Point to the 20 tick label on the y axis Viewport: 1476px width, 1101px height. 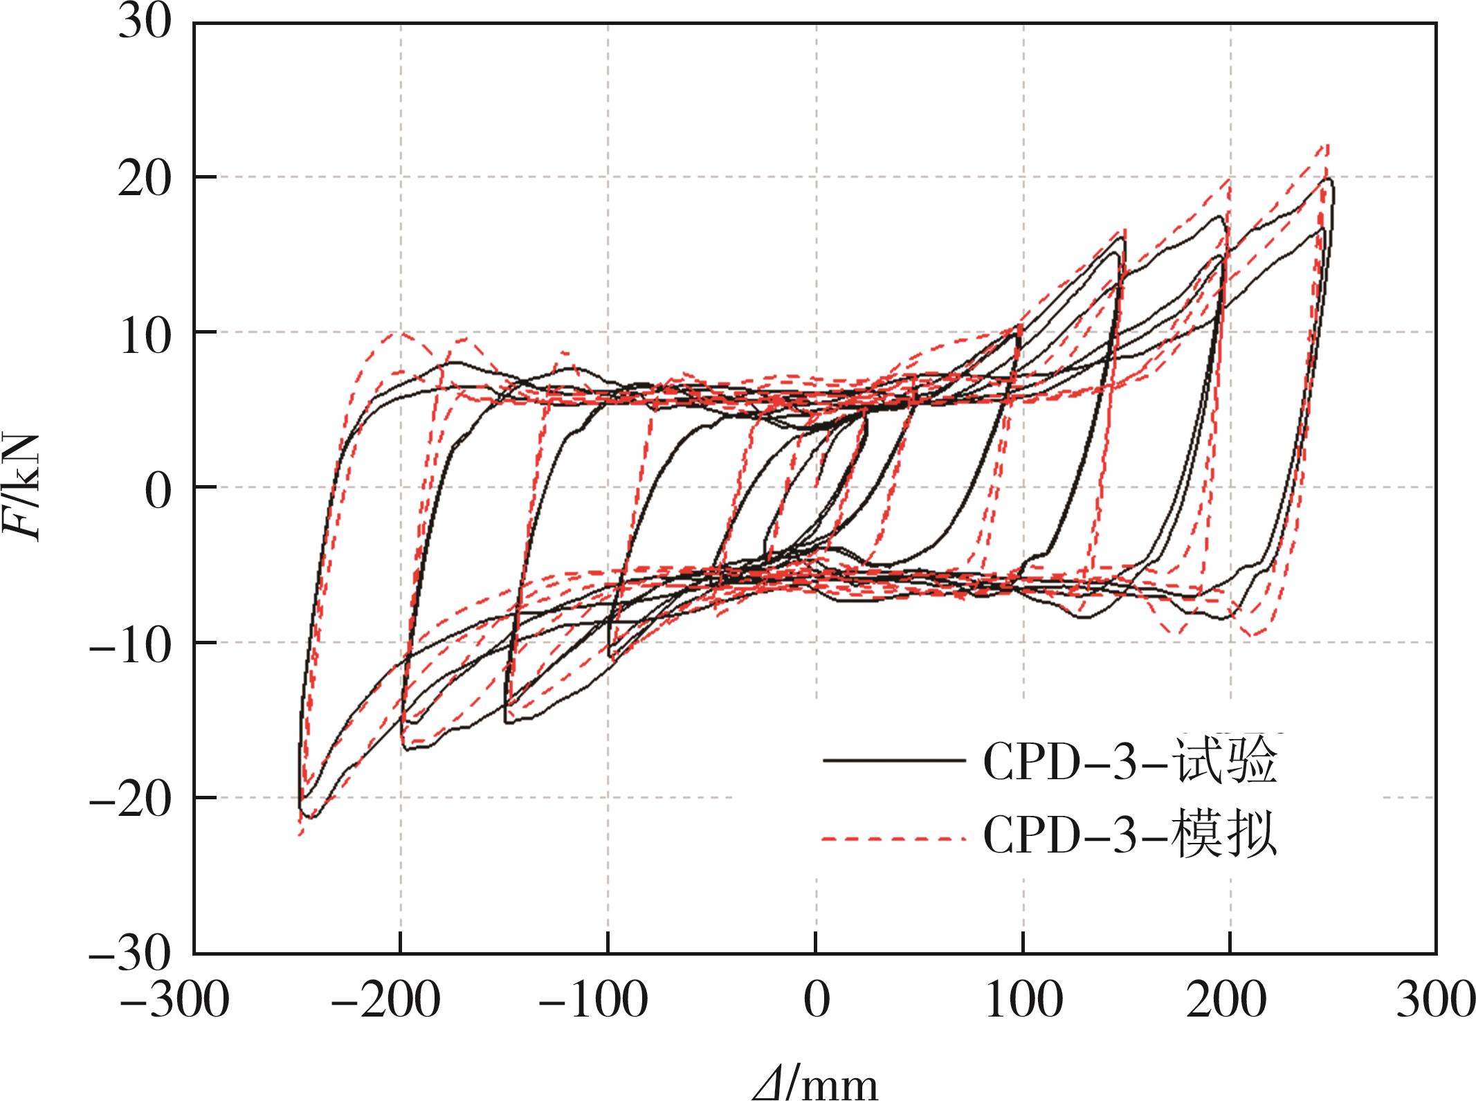(x=144, y=177)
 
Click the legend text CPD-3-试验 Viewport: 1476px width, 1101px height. (x=1129, y=762)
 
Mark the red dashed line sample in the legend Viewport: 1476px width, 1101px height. (x=894, y=839)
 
